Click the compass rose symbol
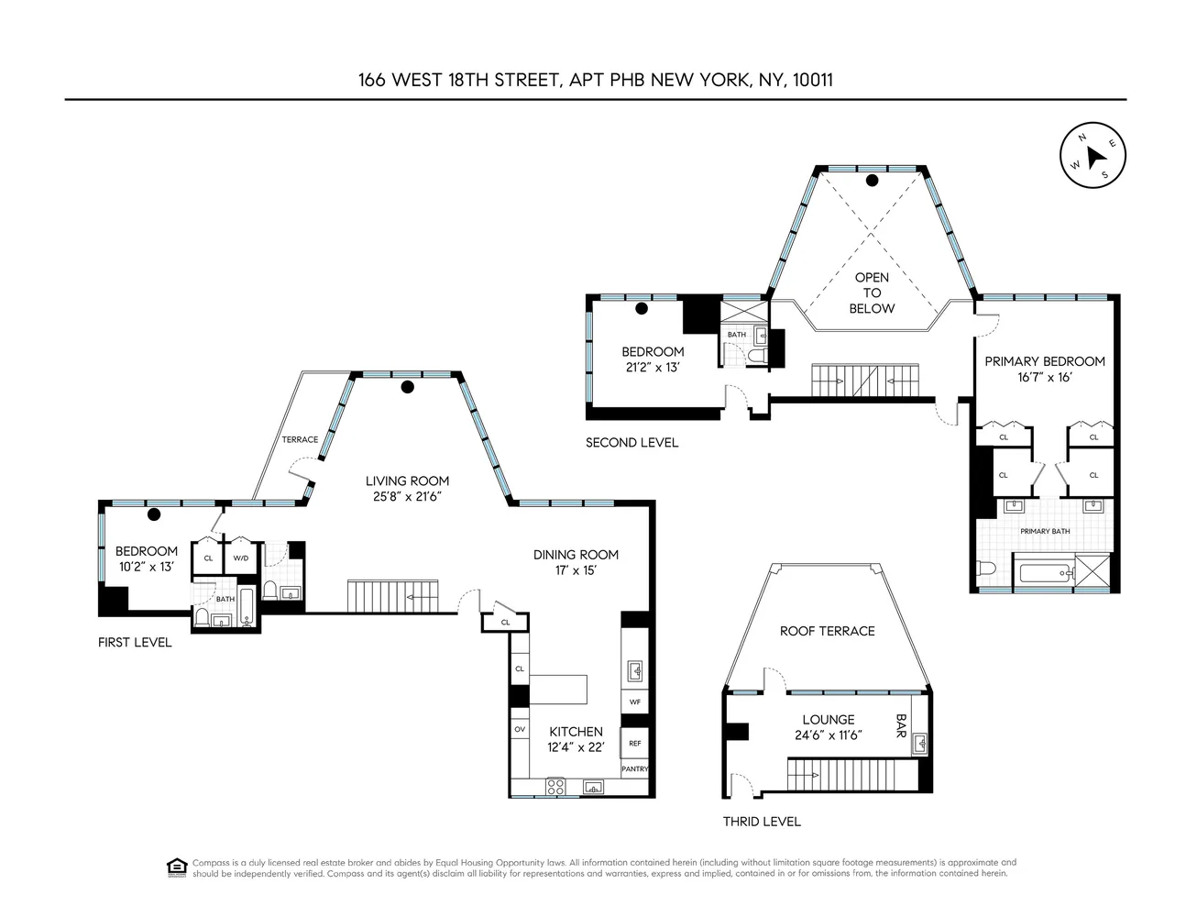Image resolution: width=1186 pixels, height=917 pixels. pyautogui.click(x=1093, y=156)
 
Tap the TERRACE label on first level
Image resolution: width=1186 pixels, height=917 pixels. pyautogui.click(x=300, y=439)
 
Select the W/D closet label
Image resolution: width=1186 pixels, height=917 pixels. pyautogui.click(x=241, y=558)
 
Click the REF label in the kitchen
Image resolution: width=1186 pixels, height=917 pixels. pyautogui.click(x=634, y=744)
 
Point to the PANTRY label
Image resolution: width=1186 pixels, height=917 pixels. pyautogui.click(x=634, y=768)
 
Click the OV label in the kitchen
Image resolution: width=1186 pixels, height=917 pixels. pyautogui.click(x=520, y=729)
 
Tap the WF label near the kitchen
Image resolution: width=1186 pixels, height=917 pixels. pyautogui.click(x=634, y=702)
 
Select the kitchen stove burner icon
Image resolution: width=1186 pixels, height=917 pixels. pyautogui.click(x=555, y=786)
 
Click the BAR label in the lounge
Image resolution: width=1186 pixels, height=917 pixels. pyautogui.click(x=901, y=728)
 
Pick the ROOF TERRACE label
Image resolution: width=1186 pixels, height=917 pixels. pyautogui.click(x=827, y=631)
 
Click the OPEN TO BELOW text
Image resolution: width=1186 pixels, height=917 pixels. pyautogui.click(x=871, y=293)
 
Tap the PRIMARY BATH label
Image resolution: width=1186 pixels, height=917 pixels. pyautogui.click(x=1045, y=531)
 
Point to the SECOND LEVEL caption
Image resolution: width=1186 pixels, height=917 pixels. pyautogui.click(x=631, y=443)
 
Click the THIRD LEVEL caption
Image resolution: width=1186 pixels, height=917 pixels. pyautogui.click(x=762, y=822)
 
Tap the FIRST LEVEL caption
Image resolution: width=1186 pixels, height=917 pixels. pyautogui.click(x=135, y=643)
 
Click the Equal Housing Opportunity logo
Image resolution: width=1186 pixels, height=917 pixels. pyautogui.click(x=176, y=867)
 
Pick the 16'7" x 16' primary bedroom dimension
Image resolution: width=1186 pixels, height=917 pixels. pyautogui.click(x=1044, y=378)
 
